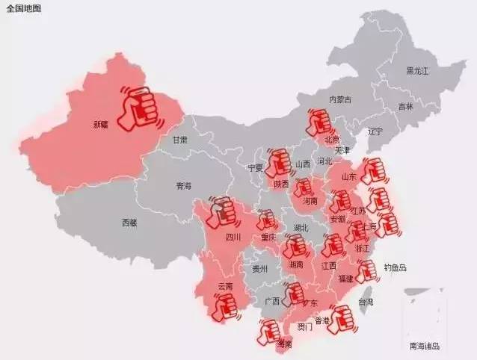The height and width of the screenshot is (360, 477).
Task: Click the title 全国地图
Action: (23, 8)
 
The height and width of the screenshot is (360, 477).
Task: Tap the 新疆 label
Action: (101, 125)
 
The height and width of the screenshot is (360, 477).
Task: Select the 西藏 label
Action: (129, 222)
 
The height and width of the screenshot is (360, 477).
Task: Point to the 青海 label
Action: (184, 185)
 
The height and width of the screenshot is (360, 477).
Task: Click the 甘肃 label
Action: (180, 140)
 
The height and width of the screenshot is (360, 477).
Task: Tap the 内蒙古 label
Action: (340, 99)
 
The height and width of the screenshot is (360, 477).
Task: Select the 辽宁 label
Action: (375, 131)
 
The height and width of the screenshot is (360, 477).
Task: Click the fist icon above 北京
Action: (320, 121)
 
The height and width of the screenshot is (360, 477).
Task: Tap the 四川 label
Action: (233, 238)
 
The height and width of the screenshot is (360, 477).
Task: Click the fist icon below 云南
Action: (224, 306)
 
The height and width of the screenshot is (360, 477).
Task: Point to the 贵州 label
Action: (259, 269)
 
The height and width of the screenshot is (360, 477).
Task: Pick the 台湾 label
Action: (366, 302)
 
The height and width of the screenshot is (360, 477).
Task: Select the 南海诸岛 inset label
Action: (425, 346)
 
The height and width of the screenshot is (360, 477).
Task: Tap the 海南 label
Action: (284, 344)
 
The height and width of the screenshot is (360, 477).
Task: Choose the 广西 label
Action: (272, 301)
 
